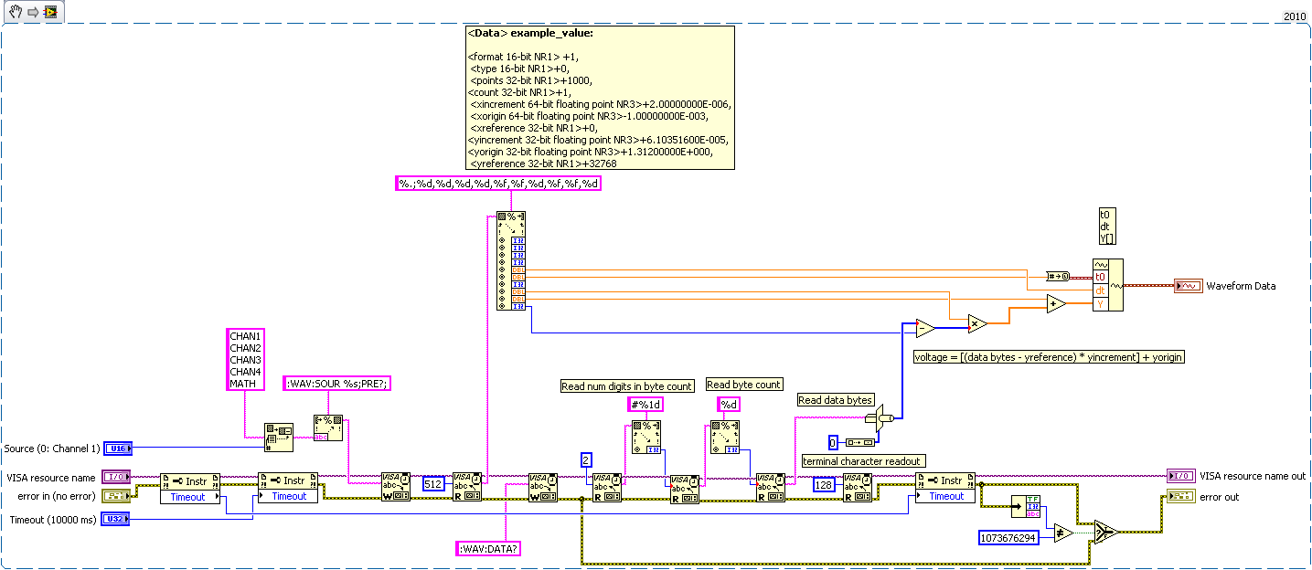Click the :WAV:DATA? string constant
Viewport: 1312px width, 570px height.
point(487,549)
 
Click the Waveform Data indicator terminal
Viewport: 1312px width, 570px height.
point(1188,286)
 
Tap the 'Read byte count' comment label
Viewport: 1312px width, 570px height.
point(743,385)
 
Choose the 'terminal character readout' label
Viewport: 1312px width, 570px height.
point(862,461)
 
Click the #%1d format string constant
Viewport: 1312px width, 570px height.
point(645,404)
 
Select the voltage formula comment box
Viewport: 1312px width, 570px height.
point(1049,357)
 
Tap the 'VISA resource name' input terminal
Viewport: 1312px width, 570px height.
point(116,476)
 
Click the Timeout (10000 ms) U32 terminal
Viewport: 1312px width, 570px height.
point(116,519)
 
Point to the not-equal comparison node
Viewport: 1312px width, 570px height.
point(1062,533)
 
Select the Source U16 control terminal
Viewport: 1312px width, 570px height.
point(118,448)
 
